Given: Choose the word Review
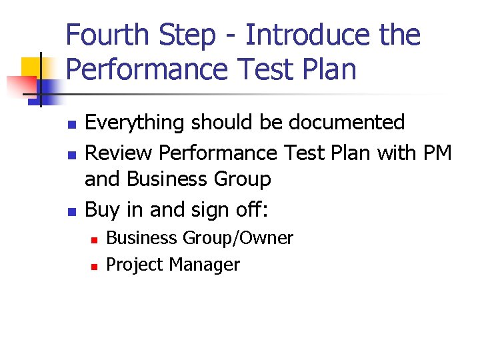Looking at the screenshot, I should (x=119, y=153).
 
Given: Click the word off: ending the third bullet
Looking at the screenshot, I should (x=250, y=210).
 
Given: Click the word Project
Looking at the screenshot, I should (x=135, y=265).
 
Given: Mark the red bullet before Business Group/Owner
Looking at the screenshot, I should (x=95, y=239).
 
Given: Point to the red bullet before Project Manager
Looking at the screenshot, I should (x=95, y=266).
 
